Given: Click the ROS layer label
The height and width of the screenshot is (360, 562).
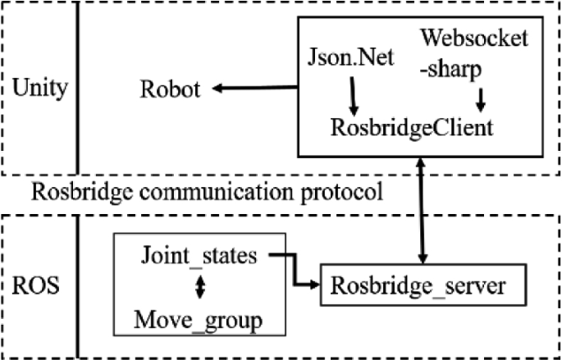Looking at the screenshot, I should coord(35,289).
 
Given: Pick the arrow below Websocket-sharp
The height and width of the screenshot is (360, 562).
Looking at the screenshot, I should coord(481,98).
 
